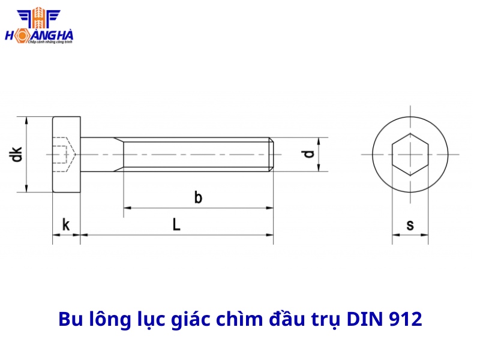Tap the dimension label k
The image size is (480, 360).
66,225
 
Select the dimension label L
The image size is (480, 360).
176,225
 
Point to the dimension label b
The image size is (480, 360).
198,197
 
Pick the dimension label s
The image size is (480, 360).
410,225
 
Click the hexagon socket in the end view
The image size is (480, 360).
410,154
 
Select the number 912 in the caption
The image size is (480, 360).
405,319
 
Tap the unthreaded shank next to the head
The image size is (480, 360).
101,154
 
